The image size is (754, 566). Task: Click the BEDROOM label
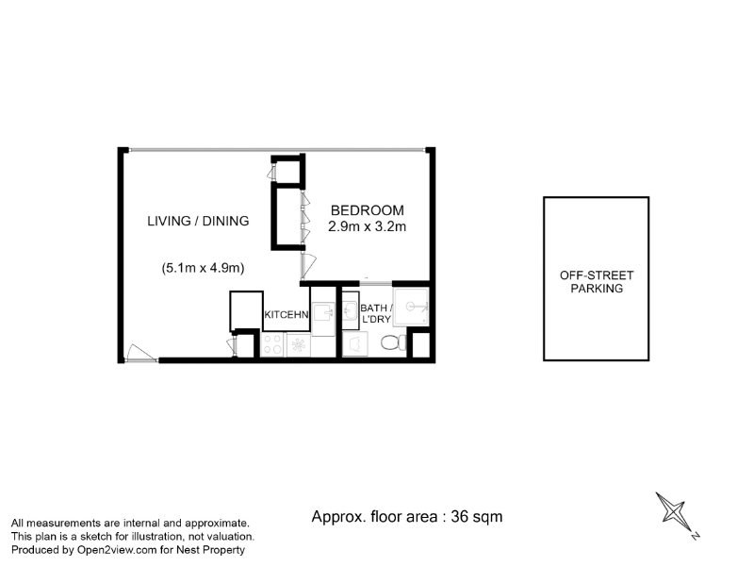pos(368,210)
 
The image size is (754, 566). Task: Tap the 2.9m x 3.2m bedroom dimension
pos(367,226)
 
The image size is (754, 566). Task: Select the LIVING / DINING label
pos(198,221)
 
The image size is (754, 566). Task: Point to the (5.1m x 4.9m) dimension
pos(203,268)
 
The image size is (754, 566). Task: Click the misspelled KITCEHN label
pos(287,315)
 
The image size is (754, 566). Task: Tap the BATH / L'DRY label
pos(376,313)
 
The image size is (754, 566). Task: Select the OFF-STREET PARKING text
pos(597,282)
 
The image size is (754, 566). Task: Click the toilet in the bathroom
pos(393,343)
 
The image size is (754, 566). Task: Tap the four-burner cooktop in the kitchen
pos(272,344)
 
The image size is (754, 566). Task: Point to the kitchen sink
pos(323,313)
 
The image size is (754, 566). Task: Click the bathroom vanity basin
pos(350,311)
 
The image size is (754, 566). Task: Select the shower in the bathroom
pos(411,307)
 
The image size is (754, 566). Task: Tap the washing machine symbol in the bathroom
pos(355,344)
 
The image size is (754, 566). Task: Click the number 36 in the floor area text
pos(460,516)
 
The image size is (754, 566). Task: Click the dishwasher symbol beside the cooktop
pos(299,345)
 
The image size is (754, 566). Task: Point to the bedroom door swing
pos(308,266)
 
